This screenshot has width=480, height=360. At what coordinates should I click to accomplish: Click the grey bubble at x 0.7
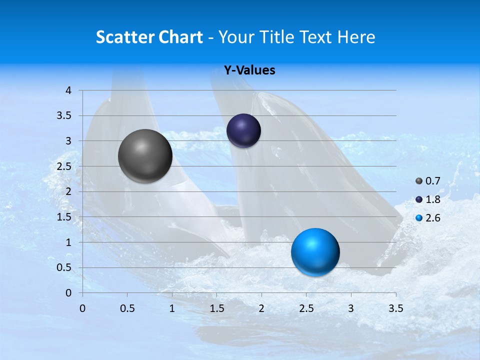pyautogui.click(x=145, y=156)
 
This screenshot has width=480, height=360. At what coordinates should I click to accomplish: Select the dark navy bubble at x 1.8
pyautogui.click(x=243, y=130)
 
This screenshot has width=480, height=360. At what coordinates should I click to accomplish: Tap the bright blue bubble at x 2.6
pyautogui.click(x=315, y=252)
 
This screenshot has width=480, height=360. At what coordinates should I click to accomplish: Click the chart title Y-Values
pyautogui.click(x=249, y=70)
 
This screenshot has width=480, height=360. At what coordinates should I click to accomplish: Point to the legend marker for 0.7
pyautogui.click(x=419, y=180)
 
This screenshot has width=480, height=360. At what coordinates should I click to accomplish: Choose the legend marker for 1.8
pyautogui.click(x=419, y=199)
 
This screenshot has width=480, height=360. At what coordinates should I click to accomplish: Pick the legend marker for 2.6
pyautogui.click(x=419, y=218)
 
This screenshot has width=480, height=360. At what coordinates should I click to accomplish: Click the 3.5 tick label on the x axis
pyautogui.click(x=395, y=308)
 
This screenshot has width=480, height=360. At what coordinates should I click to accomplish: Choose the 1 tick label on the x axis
pyautogui.click(x=172, y=308)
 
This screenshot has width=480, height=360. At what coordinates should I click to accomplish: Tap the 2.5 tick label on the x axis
pyautogui.click(x=306, y=308)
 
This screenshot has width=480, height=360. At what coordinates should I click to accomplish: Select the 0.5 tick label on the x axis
pyautogui.click(x=127, y=308)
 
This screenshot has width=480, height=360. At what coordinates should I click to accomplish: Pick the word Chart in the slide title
pyautogui.click(x=180, y=37)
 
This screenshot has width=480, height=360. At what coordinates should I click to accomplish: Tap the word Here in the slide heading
pyautogui.click(x=356, y=37)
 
